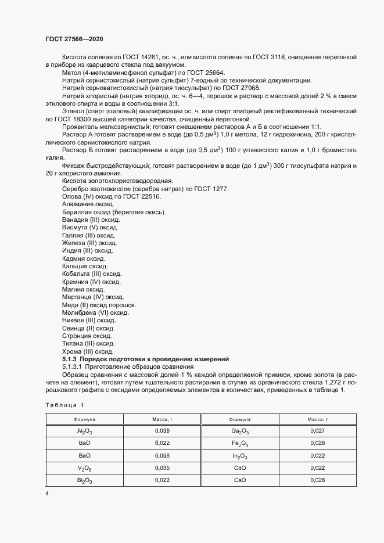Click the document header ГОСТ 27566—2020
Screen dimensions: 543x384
[x=74, y=39]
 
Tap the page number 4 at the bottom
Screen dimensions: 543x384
[x=47, y=493]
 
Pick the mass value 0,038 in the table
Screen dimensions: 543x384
[x=162, y=430]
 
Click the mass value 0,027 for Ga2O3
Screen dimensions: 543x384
[x=317, y=430]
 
